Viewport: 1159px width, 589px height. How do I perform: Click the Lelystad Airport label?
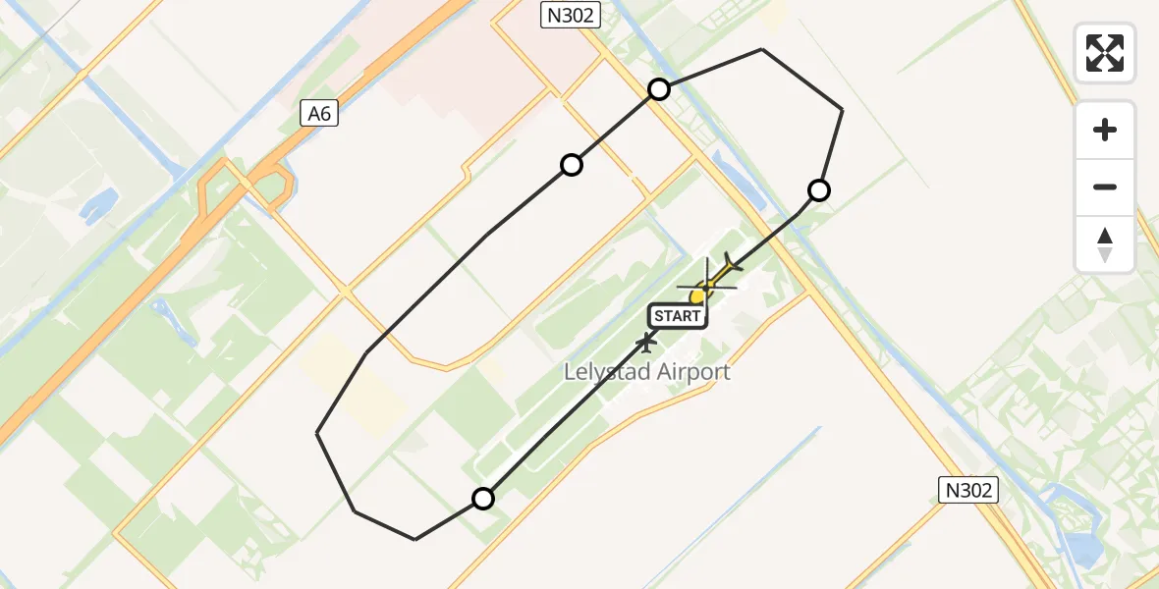pyautogui.click(x=646, y=372)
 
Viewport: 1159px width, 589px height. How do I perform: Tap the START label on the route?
pyautogui.click(x=677, y=315)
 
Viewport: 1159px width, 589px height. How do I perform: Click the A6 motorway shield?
pyautogui.click(x=320, y=114)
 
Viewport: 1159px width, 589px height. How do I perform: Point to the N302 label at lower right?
pyautogui.click(x=967, y=490)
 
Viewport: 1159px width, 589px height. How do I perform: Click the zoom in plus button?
pyautogui.click(x=1105, y=130)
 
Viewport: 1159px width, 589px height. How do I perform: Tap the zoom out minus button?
pyautogui.click(x=1105, y=187)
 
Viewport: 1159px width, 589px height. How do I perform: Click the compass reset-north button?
pyautogui.click(x=1105, y=244)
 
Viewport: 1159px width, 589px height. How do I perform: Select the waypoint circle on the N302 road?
pyautogui.click(x=659, y=89)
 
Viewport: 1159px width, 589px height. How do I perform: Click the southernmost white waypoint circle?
pyautogui.click(x=482, y=499)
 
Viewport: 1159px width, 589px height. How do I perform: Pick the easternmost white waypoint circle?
pyautogui.click(x=818, y=190)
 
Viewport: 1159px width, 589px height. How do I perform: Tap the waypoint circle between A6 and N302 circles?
pyautogui.click(x=572, y=165)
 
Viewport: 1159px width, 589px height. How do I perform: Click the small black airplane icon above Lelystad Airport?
pyautogui.click(x=645, y=343)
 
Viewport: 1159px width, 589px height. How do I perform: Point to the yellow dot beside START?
pyautogui.click(x=697, y=296)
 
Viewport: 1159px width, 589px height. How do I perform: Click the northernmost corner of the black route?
pyautogui.click(x=762, y=49)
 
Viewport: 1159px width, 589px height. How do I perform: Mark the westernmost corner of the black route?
pyautogui.click(x=317, y=432)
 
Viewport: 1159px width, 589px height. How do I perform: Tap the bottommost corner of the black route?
pyautogui.click(x=415, y=539)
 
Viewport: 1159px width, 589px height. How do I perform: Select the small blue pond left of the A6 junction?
pyautogui.click(x=99, y=204)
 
